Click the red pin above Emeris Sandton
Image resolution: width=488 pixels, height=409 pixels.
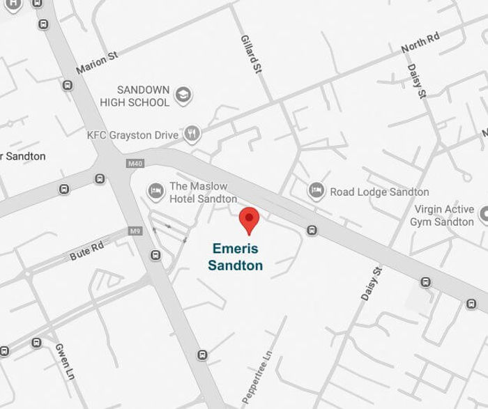coord(249,220)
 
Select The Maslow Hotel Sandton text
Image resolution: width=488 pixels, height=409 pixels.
coord(203,192)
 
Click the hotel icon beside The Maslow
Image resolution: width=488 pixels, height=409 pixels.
coord(156,190)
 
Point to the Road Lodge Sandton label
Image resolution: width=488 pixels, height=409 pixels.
coord(379,192)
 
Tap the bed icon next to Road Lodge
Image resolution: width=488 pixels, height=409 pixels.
coord(317,190)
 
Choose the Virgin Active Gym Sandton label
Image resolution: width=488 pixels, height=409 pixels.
coord(443,215)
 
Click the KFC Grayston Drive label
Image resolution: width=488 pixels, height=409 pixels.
coord(132,135)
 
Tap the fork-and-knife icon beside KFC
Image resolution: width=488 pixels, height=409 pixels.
coord(192,134)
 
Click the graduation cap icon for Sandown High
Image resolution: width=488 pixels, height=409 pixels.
coord(183,95)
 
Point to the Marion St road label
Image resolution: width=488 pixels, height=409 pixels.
coord(97,62)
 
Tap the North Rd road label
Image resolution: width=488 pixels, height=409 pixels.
coord(420,43)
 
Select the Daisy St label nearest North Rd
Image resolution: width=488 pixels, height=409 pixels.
coord(416,81)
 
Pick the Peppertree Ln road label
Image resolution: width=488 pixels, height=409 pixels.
coord(255,378)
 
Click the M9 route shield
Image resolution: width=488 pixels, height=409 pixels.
coord(135,231)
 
